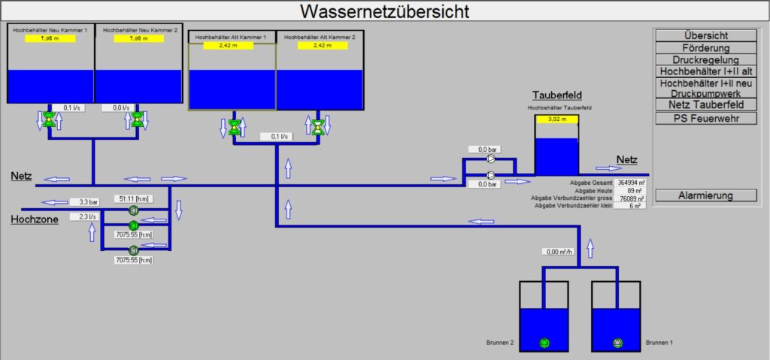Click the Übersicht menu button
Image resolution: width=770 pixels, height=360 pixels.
[705, 35]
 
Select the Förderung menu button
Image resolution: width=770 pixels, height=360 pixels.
[705, 47]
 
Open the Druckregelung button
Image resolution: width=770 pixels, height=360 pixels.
[705, 59]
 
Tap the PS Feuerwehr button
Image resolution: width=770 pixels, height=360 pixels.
[705, 118]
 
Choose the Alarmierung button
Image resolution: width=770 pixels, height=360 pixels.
[705, 195]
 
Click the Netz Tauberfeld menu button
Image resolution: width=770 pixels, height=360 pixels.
[705, 104]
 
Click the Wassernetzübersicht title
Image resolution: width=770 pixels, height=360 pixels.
[384, 11]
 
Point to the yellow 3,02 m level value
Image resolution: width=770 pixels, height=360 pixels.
[556, 119]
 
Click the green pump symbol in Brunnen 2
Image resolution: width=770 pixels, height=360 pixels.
[544, 343]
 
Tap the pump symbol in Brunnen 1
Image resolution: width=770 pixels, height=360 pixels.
[617, 343]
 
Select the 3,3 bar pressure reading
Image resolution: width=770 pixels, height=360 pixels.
[89, 201]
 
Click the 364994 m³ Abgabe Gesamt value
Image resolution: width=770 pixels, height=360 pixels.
[629, 182]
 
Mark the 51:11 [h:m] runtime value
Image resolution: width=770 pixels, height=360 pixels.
[133, 198]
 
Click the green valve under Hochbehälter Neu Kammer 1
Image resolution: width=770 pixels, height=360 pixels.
[50, 119]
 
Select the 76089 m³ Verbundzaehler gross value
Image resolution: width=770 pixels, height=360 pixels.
[629, 198]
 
